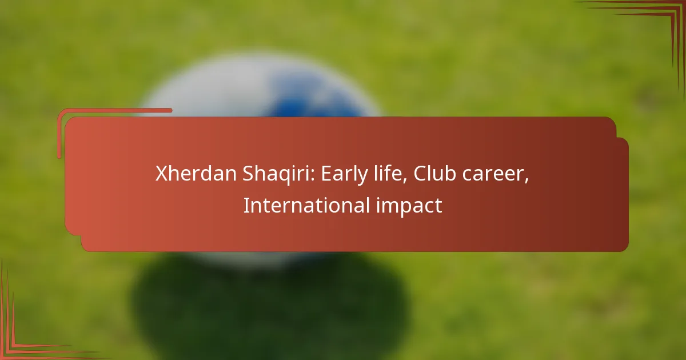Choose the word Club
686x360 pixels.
[432, 174]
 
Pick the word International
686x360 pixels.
[306, 206]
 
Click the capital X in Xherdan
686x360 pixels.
[161, 174]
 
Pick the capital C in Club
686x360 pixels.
[420, 174]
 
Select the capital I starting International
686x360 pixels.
[246, 206]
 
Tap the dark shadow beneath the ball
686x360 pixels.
[269, 303]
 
